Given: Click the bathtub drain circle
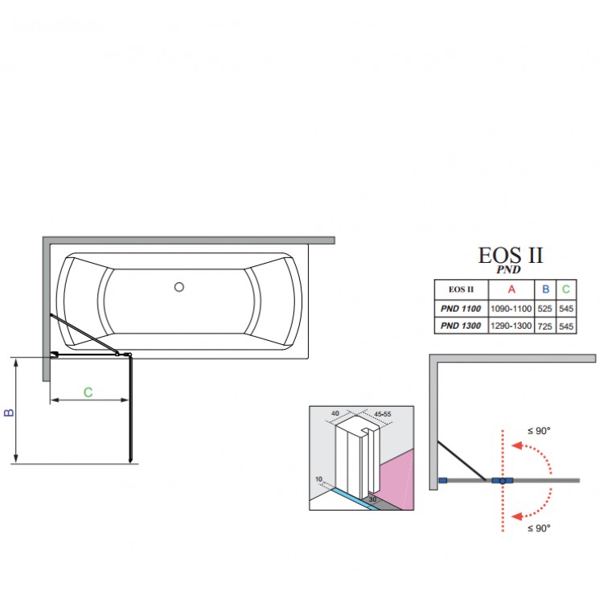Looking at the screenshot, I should pyautogui.click(x=179, y=286).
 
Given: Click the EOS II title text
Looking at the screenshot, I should pyautogui.click(x=511, y=256).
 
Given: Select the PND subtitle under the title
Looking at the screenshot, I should pyautogui.click(x=509, y=270).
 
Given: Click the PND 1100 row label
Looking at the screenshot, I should pyautogui.click(x=460, y=308).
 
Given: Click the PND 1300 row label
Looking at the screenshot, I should pyautogui.click(x=460, y=326).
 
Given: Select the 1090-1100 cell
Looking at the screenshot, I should pyautogui.click(x=511, y=308).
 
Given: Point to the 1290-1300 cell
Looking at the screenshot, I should pyautogui.click(x=511, y=326).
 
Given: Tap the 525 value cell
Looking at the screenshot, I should pyautogui.click(x=546, y=308).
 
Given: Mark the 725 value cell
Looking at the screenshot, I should pyautogui.click(x=546, y=326).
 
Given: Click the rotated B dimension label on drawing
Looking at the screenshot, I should pyautogui.click(x=9, y=412).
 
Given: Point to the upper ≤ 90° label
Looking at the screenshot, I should pyautogui.click(x=539, y=431).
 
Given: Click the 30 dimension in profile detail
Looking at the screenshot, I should pyautogui.click(x=372, y=499).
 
